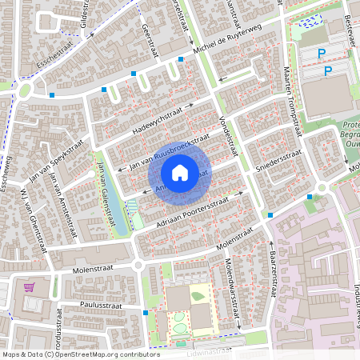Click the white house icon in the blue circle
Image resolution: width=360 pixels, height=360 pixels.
pos(179,172)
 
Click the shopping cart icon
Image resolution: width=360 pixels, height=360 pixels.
pos(30,287)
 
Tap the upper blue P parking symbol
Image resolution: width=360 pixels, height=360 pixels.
pos(322,53)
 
